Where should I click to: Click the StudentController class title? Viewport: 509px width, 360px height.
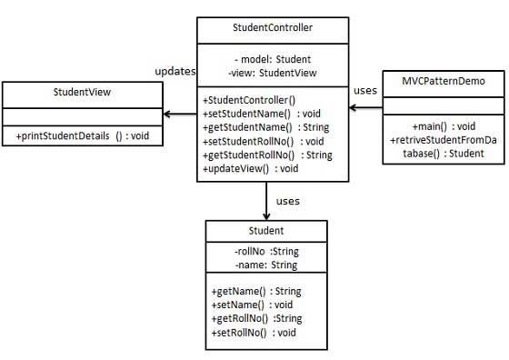tap(272, 29)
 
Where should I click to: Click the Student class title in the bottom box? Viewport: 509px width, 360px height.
tap(265, 231)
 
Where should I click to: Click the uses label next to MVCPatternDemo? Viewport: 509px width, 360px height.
tap(364, 91)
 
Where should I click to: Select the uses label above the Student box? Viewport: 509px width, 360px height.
tap(288, 200)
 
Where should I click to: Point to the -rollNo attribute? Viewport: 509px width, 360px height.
tap(265, 252)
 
